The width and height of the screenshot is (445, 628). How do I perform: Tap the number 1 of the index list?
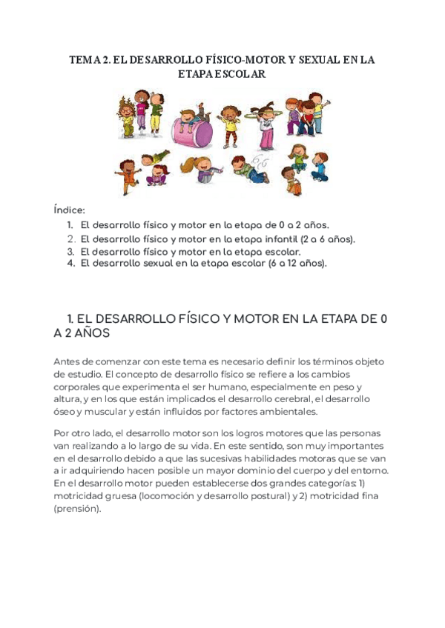(x=70, y=224)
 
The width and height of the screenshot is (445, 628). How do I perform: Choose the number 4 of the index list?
(x=70, y=263)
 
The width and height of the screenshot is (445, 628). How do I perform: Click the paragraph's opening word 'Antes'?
(x=69, y=361)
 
